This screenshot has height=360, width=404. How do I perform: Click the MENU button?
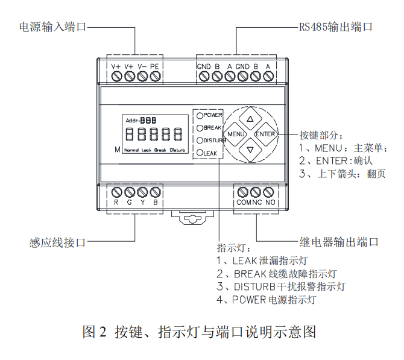(x=236, y=134)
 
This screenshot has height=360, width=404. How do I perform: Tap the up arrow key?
(x=250, y=117)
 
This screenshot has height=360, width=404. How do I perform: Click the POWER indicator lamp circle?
(x=199, y=114)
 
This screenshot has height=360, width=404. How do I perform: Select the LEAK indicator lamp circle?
(x=199, y=153)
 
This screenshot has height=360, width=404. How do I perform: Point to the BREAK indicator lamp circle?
(x=199, y=127)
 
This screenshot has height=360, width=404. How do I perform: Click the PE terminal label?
(x=154, y=66)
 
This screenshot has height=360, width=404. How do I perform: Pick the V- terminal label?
(x=142, y=66)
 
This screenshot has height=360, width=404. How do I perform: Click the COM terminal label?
(x=243, y=203)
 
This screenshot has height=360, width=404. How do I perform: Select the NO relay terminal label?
(x=270, y=203)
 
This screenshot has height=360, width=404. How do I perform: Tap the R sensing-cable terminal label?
(x=116, y=203)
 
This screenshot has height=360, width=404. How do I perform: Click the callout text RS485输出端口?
(x=335, y=27)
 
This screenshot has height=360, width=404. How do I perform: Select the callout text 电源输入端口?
(x=52, y=27)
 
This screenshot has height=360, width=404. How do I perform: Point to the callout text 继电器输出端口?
(x=339, y=242)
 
